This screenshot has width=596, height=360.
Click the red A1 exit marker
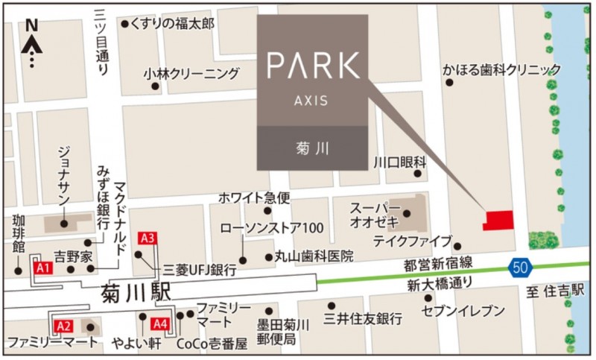pyautogui.click(x=43, y=268)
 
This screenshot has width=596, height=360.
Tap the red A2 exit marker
pyautogui.click(x=64, y=325)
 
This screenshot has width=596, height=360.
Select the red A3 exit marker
pyautogui.click(x=148, y=239)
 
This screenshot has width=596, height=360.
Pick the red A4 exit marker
pyautogui.click(x=160, y=324)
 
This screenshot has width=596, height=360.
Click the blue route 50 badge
pyautogui.click(x=520, y=265)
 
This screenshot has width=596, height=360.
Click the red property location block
pyautogui.click(x=498, y=220)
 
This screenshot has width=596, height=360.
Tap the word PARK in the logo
pyautogui.click(x=313, y=66)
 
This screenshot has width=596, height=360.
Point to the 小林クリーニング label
pyautogui.click(x=192, y=74)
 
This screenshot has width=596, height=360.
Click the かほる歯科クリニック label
pyautogui.click(x=501, y=69)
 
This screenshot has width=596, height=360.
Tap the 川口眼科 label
pyautogui.click(x=399, y=162)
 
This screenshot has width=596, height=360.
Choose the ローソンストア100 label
pyautogui.click(x=271, y=227)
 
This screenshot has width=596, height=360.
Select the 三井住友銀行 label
pyautogui.click(x=363, y=319)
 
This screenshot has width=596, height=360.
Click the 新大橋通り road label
pyautogui.click(x=440, y=284)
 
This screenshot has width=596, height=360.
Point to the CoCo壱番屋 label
pyautogui.click(x=211, y=343)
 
